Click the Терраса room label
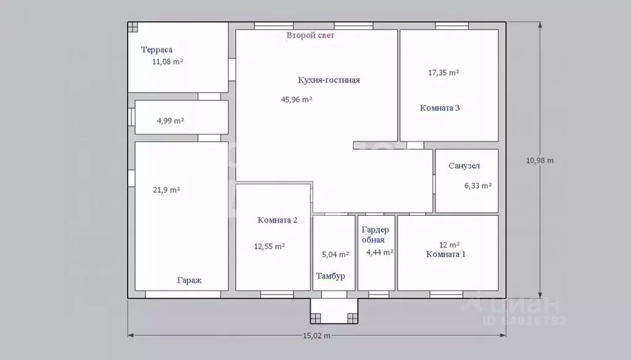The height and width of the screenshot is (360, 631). coord(157,50)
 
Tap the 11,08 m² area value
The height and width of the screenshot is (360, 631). coord(167,62)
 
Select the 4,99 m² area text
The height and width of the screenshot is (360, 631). coord(170,120)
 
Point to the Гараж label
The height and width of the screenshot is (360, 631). coord(189,280)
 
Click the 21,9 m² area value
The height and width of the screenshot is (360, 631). coord(166,190)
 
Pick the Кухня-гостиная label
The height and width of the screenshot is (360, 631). coord(329,80)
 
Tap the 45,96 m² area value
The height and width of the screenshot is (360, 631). coord(297,99)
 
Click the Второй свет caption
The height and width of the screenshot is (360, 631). coord(310,35)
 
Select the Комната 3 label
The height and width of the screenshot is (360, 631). coord(439,108)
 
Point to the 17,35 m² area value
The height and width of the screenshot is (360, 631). coord(443,73)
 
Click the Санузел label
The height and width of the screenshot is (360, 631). coord(464,166)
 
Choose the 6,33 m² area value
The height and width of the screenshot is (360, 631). coord(477,186)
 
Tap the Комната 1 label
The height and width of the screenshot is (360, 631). coord(445,254)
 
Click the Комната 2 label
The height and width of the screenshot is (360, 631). coord(278,220)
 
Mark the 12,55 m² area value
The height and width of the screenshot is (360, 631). coord(269,246)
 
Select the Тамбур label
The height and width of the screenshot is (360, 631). coord(331,276)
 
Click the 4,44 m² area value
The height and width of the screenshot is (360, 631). coord(379,253)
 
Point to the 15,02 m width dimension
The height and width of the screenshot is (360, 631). coord(316,335)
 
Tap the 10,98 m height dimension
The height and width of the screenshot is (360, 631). coord(540,160)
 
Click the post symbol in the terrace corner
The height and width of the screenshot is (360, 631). coord(133,27)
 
